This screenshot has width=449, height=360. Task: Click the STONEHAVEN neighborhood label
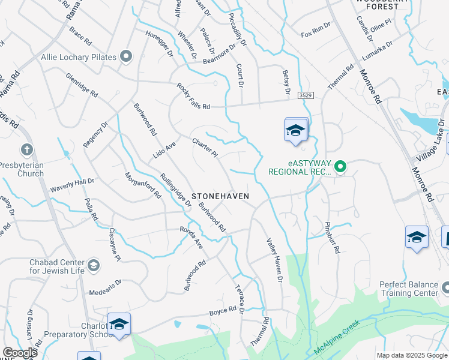click(220, 196)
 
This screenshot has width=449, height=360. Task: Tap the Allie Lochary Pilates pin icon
click(126, 57)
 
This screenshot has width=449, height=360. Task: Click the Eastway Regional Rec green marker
click(340, 166)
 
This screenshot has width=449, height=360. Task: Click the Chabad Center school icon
click(93, 265)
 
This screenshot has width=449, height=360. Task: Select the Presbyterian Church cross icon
click(27, 149)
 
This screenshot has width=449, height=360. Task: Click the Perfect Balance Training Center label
click(409, 289)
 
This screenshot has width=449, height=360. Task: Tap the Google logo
click(20, 353)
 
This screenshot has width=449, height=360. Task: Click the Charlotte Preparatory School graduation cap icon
click(119, 324)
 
